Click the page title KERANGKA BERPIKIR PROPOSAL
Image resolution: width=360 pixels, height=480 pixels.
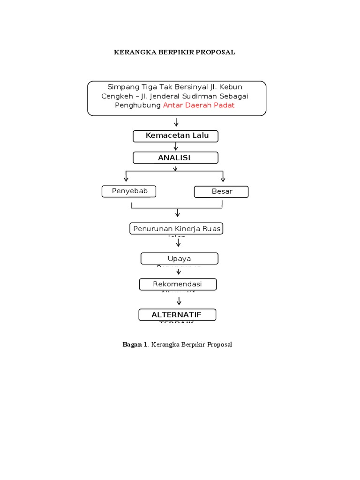pyautogui.click(x=174, y=52)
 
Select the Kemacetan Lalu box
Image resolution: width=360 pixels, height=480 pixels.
pyautogui.click(x=175, y=136)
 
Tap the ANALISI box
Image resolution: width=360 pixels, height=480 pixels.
pyautogui.click(x=175, y=158)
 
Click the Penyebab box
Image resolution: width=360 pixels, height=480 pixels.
pyautogui.click(x=129, y=191)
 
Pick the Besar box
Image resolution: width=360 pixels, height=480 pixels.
pyautogui.click(x=221, y=192)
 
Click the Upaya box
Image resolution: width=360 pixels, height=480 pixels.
pyautogui.click(x=179, y=259)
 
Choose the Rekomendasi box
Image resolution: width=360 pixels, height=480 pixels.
pyautogui.click(x=178, y=285)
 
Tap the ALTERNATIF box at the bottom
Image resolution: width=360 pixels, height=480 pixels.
pyautogui.click(x=177, y=315)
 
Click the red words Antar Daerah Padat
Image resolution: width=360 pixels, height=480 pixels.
pyautogui.click(x=199, y=105)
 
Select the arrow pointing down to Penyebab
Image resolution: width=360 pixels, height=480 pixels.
pyautogui.click(x=126, y=177)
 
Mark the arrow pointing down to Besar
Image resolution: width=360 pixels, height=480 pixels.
pyautogui.click(x=223, y=177)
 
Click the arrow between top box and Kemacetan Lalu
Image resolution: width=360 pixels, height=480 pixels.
pyautogui.click(x=177, y=122)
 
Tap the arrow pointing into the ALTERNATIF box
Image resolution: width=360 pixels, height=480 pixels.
pyautogui.click(x=179, y=301)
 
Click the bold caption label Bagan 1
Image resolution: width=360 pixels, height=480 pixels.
pyautogui.click(x=135, y=345)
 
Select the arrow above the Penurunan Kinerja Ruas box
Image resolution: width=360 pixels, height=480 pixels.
pyautogui.click(x=178, y=213)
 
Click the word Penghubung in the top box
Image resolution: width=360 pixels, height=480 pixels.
pyautogui.click(x=138, y=105)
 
